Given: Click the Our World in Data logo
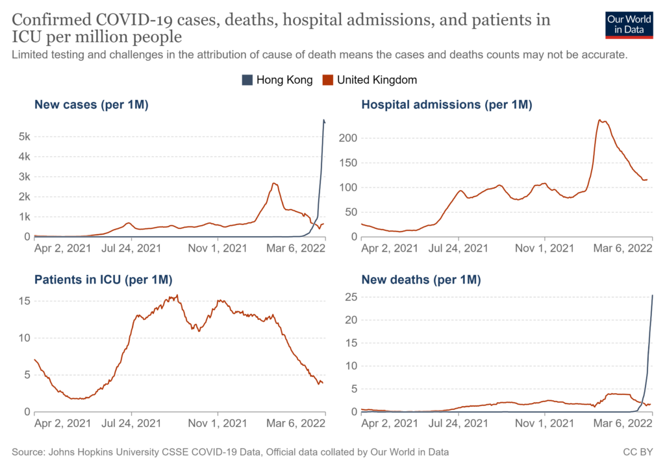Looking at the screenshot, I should (629, 24).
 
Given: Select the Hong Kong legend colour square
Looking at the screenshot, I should (247, 80).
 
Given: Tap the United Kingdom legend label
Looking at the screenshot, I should (377, 80).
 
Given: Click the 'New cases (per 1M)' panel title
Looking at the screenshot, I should (92, 104).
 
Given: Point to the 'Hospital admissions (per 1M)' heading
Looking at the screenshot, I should (447, 104).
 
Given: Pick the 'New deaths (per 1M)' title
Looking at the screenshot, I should (421, 280).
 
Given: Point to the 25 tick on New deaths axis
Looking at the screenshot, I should (349, 296).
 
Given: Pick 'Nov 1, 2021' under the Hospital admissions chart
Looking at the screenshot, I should (544, 247).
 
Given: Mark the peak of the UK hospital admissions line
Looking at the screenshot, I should (600, 120).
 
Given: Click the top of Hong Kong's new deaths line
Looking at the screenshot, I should (651, 296).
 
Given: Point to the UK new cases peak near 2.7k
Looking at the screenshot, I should (275, 184).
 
